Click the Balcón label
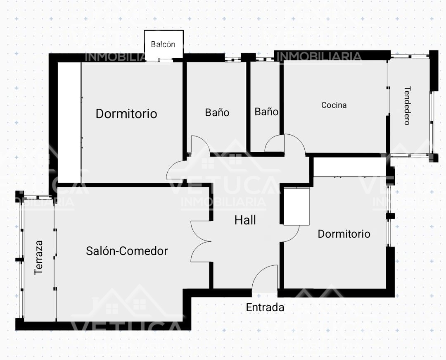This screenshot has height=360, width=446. [163, 44]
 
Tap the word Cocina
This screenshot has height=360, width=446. [334, 105]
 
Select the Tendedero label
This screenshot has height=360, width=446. [407, 105]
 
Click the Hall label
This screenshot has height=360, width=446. [245, 220]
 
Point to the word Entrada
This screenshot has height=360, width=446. [265, 308]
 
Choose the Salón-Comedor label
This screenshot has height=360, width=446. [127, 251]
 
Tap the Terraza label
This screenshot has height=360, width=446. [38, 257]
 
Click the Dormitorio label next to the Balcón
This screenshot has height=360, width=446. [126, 114]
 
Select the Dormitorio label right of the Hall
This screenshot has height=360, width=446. [344, 234]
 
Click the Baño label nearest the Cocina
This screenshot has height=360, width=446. [266, 112]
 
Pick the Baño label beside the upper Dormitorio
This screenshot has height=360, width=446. [217, 112]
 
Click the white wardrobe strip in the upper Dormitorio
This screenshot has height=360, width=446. [69, 123]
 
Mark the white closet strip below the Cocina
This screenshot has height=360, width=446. [350, 167]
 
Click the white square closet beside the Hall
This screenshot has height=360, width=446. [297, 207]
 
